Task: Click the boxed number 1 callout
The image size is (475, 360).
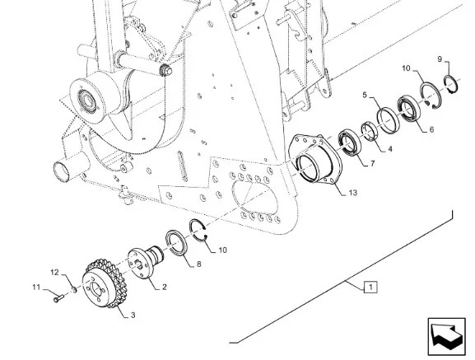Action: click(370, 287)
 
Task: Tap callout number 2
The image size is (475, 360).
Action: click(164, 287)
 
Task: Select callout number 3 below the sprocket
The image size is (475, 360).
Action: click(133, 316)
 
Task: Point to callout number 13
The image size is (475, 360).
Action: click(352, 193)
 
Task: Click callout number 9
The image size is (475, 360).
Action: click(440, 59)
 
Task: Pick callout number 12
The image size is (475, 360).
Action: click(54, 273)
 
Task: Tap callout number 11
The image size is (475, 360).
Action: click(36, 287)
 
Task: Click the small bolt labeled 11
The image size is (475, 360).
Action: click(58, 298)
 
